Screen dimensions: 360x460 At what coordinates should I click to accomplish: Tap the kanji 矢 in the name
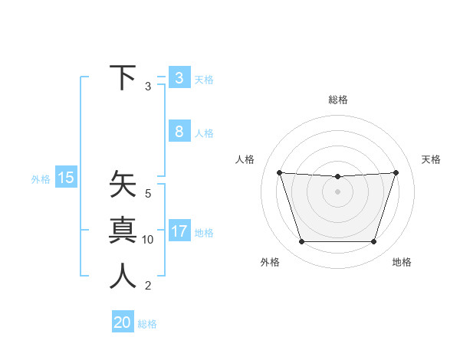(x=123, y=186)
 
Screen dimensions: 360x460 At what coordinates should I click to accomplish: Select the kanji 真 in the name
(x=123, y=231)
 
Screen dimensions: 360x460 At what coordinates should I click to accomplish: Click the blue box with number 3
(x=179, y=77)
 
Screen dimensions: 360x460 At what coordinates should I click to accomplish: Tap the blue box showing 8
(x=179, y=132)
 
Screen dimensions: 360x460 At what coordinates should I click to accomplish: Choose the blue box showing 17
(x=179, y=231)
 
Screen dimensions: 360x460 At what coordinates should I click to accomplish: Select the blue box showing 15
(x=66, y=178)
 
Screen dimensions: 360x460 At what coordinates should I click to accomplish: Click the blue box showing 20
(x=123, y=322)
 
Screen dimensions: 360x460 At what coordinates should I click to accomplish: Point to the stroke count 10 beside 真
(x=148, y=240)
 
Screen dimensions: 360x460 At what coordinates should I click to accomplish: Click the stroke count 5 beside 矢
(x=148, y=195)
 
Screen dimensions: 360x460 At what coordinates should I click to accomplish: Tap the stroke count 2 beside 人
(x=148, y=286)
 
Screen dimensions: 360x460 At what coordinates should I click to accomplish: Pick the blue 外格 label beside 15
(x=41, y=179)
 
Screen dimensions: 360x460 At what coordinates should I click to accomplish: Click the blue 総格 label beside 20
(x=147, y=324)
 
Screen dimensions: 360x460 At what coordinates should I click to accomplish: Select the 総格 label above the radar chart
(x=337, y=100)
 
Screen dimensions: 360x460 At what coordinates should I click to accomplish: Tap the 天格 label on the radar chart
(x=431, y=159)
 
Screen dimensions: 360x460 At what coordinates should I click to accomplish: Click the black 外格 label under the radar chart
(x=270, y=263)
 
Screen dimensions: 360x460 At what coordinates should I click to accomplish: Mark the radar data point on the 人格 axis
(x=279, y=172)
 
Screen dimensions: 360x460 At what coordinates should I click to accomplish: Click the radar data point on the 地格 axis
(x=373, y=242)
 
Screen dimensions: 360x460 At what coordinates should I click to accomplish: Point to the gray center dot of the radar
(x=337, y=191)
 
